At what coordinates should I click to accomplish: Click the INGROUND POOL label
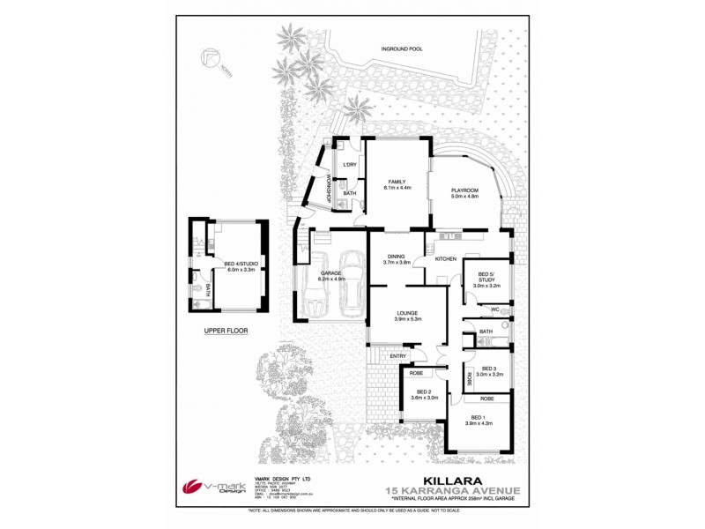point(402,49)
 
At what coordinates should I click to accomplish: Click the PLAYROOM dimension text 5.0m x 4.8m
point(464,196)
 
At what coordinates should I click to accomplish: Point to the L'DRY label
point(349,165)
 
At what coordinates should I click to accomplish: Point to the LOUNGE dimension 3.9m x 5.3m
point(407,319)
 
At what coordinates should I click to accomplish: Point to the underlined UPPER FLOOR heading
point(226,332)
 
